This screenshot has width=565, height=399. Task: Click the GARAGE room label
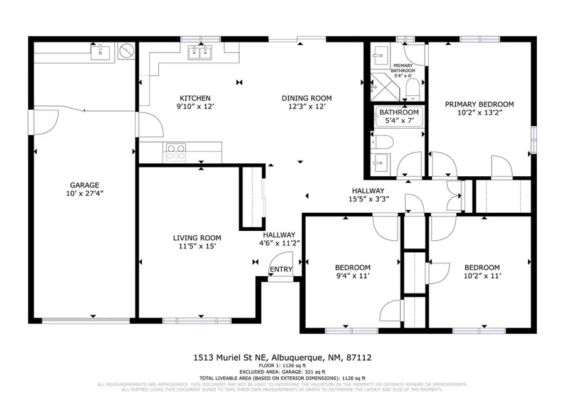(x=84, y=185)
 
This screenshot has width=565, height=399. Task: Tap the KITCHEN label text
(x=195, y=98)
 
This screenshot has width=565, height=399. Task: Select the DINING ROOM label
(x=306, y=98)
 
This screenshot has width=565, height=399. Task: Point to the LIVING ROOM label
(x=197, y=238)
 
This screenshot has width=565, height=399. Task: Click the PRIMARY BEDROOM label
(x=479, y=105)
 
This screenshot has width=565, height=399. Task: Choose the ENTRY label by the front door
(x=280, y=270)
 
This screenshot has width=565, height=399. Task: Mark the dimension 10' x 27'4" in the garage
(x=84, y=194)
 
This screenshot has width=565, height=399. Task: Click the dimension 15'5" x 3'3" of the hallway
(x=370, y=199)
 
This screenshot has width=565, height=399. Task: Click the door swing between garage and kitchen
(x=151, y=124)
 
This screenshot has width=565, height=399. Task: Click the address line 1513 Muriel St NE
(x=282, y=358)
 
